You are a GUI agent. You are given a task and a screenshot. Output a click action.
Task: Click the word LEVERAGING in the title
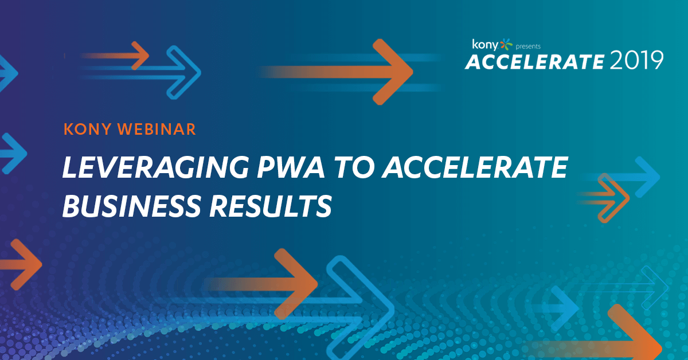(x=155, y=167)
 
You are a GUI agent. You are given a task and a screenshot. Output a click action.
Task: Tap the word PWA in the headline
(x=291, y=167)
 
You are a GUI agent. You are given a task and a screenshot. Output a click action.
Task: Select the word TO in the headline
(x=354, y=167)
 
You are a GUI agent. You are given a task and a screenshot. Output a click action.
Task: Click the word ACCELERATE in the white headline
(x=475, y=167)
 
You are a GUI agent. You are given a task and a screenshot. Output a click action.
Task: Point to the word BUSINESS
(x=131, y=206)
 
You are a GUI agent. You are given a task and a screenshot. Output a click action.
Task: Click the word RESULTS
(x=271, y=206)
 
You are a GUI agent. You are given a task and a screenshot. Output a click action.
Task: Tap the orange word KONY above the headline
(x=88, y=129)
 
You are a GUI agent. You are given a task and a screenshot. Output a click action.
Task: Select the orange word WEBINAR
(x=157, y=129)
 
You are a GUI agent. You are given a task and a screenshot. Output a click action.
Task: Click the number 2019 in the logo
(x=637, y=61)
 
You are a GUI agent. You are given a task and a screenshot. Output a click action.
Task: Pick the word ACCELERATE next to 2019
(x=535, y=62)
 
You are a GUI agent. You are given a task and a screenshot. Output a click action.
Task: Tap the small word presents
(x=528, y=46)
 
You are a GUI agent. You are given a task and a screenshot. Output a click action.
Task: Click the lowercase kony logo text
(x=485, y=45)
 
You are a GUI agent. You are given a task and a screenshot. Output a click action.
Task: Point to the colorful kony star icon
(x=506, y=44)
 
